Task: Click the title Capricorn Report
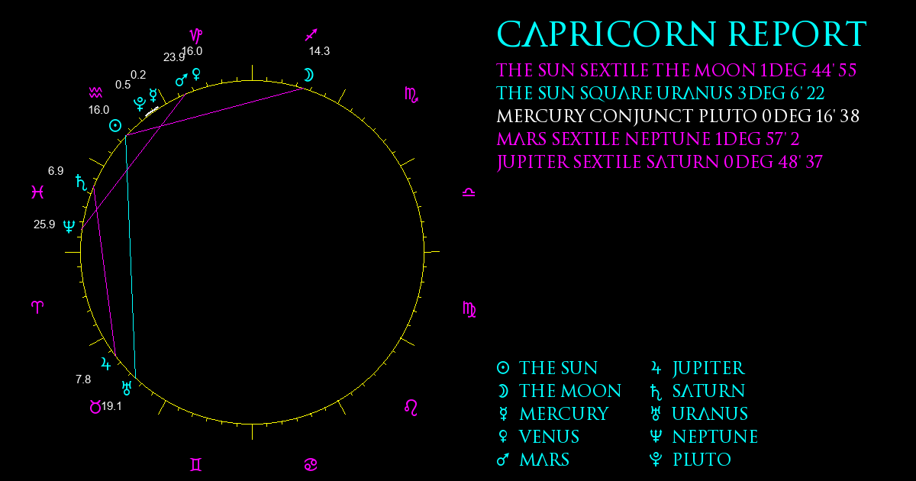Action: coord(681,34)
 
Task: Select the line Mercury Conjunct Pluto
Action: coord(678,116)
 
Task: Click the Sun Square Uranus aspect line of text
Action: coord(660,93)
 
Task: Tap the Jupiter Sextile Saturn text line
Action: coord(660,163)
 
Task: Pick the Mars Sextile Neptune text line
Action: coord(648,139)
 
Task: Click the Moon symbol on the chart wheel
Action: coord(308,76)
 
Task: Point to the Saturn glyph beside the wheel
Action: coord(82,182)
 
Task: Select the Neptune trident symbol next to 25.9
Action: coord(69,226)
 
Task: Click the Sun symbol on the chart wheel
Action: coord(115,125)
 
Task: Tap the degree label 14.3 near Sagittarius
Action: coord(319,51)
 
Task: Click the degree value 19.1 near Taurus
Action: coord(111,406)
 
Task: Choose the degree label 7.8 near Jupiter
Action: coord(83,379)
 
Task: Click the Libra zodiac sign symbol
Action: coord(469,192)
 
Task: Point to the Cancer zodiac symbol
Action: coord(311,465)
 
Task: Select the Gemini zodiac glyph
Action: coord(196,465)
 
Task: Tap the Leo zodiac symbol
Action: coord(411,408)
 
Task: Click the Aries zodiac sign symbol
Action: coord(37,307)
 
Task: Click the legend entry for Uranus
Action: coord(699,414)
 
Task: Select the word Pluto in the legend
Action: coord(702,460)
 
